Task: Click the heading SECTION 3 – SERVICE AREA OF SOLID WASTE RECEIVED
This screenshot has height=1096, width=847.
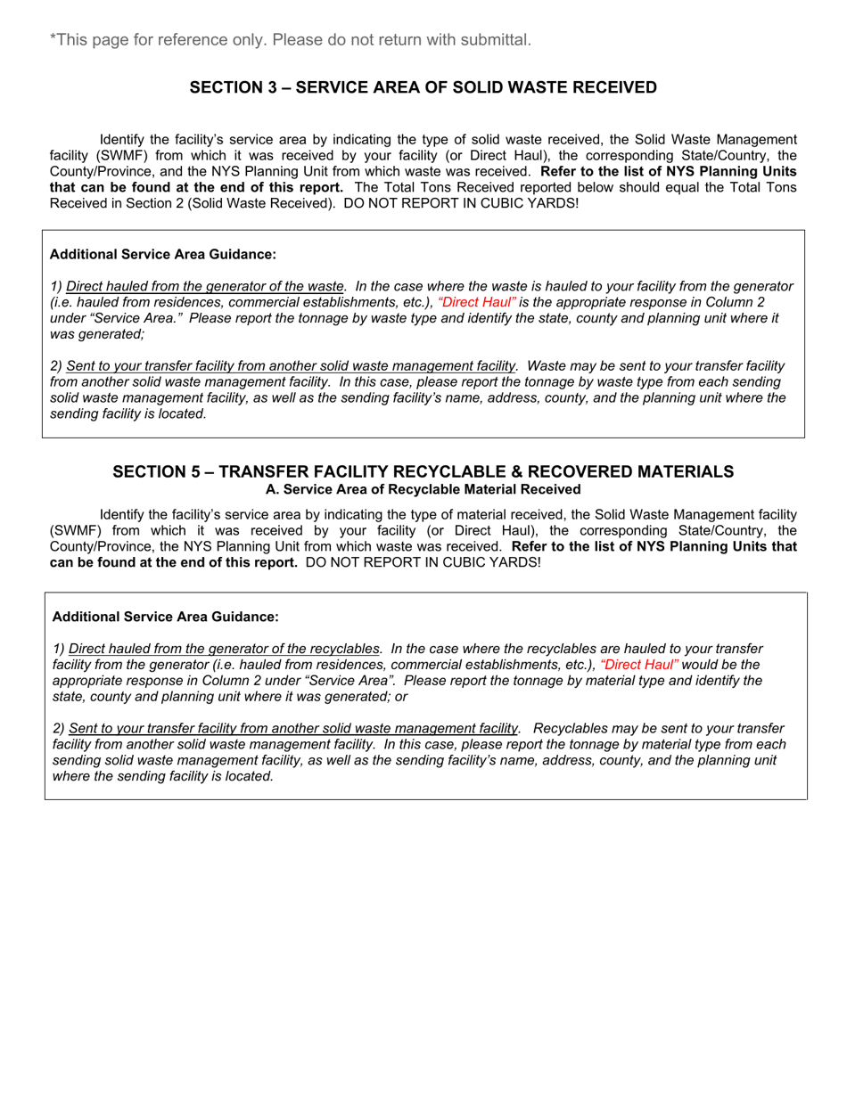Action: pos(423,87)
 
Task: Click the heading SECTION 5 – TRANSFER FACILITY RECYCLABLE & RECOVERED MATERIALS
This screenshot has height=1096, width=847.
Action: pos(423,471)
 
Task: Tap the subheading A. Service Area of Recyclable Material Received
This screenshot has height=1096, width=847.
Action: pos(423,490)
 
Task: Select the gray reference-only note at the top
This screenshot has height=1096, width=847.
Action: pos(291,39)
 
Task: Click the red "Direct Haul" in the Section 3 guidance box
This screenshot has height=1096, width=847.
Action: pos(477,302)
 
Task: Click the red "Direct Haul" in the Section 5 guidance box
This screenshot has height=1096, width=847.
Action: pos(639,665)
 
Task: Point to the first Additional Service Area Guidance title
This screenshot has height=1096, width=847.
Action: pos(163,255)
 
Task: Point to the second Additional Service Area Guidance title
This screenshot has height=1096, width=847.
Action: pos(166,617)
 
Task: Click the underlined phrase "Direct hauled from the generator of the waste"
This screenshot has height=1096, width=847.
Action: pos(205,286)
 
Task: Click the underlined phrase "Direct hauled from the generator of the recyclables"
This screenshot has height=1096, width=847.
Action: pos(224,649)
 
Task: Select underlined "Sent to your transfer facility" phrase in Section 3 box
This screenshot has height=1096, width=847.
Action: pos(292,366)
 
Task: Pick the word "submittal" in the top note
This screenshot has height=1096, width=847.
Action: pos(499,39)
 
